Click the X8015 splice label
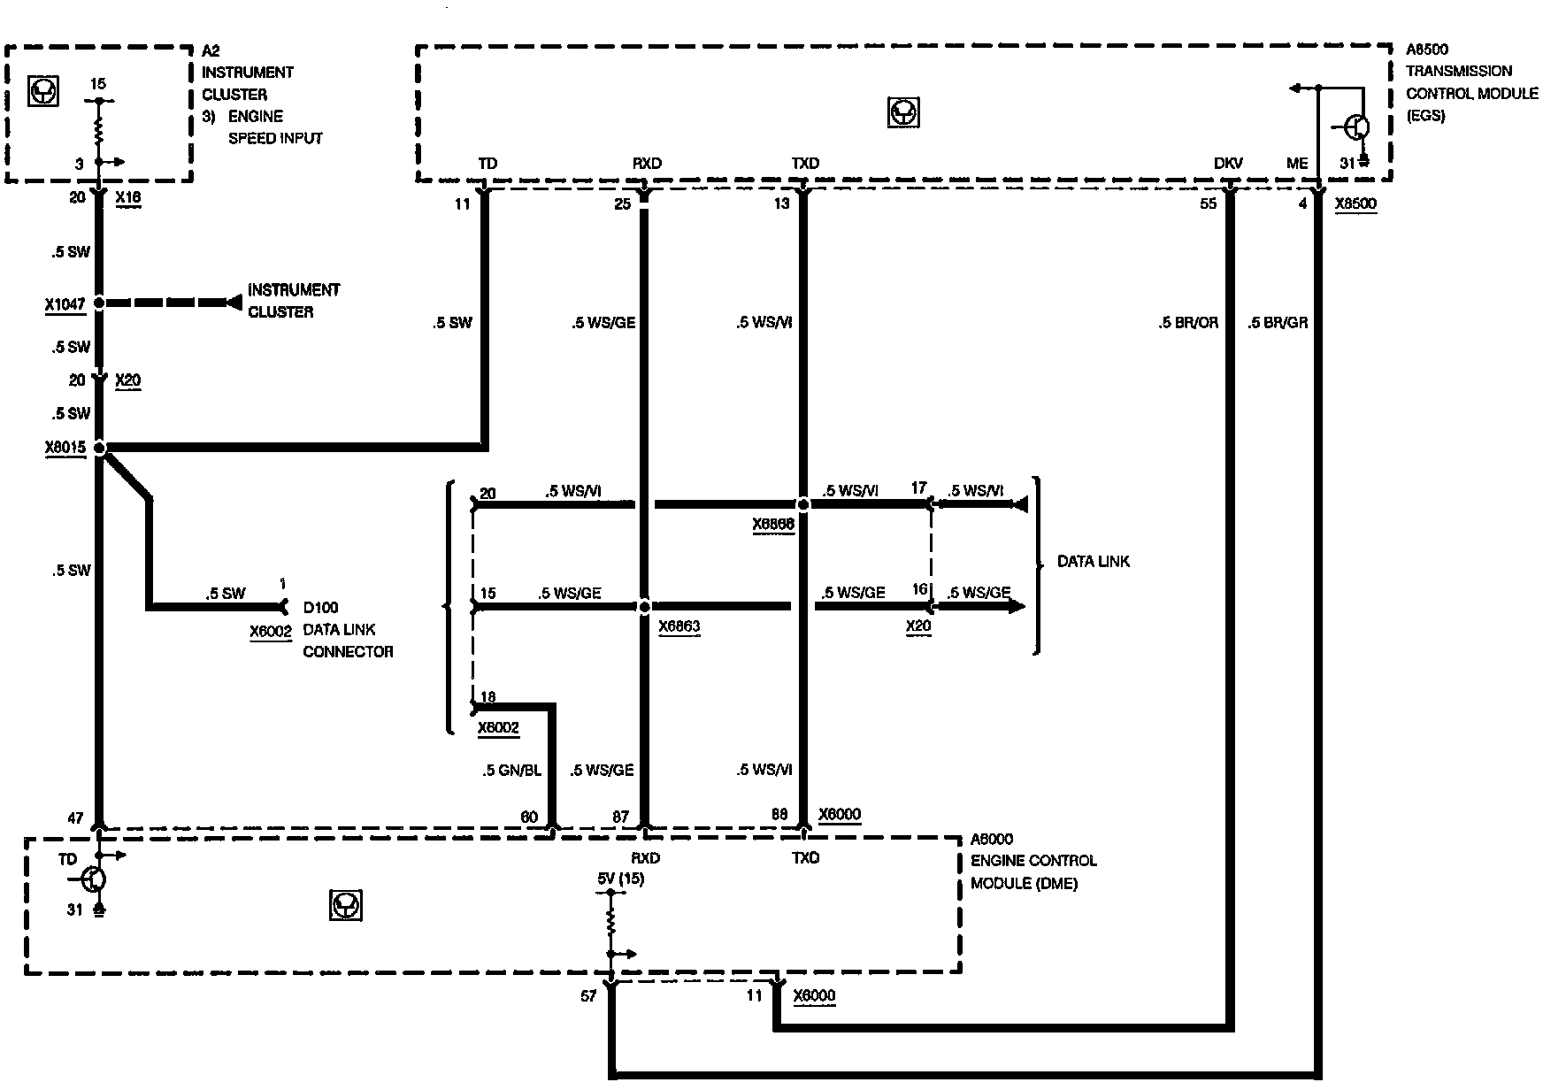pyautogui.click(x=65, y=448)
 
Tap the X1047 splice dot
pyautogui.click(x=99, y=303)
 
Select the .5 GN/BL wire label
pyautogui.click(x=511, y=771)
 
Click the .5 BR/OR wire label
pyautogui.click(x=1187, y=323)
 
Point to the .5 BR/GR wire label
pyautogui.click(x=1277, y=323)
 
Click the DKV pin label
pyautogui.click(x=1228, y=164)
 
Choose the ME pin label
pyautogui.click(x=1296, y=164)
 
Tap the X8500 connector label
pyautogui.click(x=1355, y=204)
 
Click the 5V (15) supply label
pyautogui.click(x=621, y=879)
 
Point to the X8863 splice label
pyautogui.click(x=679, y=626)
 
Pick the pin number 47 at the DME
pyautogui.click(x=75, y=818)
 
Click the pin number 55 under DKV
pyautogui.click(x=1208, y=204)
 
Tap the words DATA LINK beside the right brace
pyautogui.click(x=1093, y=562)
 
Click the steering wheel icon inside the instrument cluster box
pyautogui.click(x=43, y=92)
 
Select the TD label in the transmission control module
pyautogui.click(x=487, y=164)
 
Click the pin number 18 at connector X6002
pyautogui.click(x=487, y=697)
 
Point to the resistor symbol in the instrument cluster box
pyautogui.click(x=99, y=131)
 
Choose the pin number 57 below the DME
pyautogui.click(x=588, y=995)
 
